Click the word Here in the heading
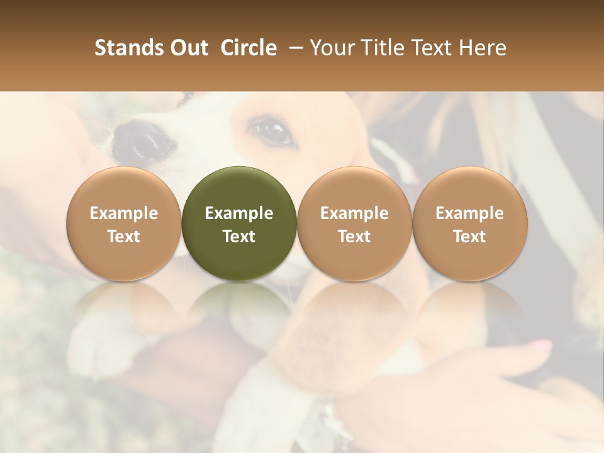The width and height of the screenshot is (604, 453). click(483, 48)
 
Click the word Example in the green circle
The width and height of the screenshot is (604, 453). click(239, 213)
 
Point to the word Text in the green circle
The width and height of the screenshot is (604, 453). click(239, 237)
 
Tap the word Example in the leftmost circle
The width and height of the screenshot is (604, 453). click(124, 213)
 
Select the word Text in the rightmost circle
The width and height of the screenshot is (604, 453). click(469, 237)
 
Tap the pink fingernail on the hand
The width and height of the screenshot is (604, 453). click(540, 345)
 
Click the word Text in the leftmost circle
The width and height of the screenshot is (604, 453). click(124, 237)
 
